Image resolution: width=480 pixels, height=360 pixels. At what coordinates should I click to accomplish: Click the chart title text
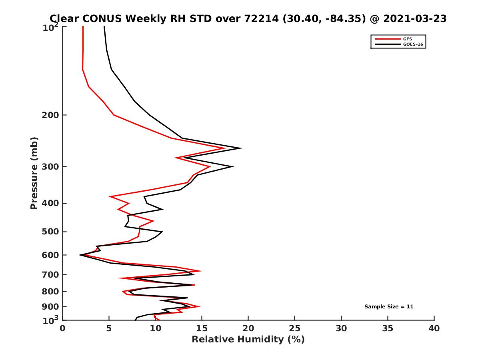(x=248, y=18)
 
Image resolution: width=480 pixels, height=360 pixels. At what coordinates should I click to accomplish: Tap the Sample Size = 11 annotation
(x=388, y=307)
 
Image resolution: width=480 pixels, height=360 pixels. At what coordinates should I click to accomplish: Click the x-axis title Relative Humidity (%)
(x=248, y=340)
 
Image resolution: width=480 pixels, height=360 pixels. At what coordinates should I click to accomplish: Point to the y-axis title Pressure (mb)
(x=34, y=173)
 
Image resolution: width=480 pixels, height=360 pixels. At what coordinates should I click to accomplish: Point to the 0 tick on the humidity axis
(x=63, y=328)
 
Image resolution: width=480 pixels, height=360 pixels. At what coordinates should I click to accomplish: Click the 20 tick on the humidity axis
(x=248, y=328)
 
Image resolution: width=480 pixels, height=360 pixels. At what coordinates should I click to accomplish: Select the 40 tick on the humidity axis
(x=434, y=328)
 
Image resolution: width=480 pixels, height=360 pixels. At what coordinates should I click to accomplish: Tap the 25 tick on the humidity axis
(x=295, y=328)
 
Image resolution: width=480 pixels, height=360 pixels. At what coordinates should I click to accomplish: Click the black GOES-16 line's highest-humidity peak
(x=241, y=148)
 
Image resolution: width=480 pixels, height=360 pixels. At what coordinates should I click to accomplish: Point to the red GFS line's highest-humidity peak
(x=225, y=148)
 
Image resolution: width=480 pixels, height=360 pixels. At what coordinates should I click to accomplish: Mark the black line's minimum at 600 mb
(x=80, y=255)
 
